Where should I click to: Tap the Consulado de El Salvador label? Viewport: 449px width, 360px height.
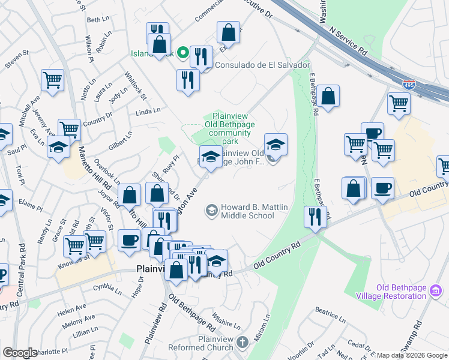262,65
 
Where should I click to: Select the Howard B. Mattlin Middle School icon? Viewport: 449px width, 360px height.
211,210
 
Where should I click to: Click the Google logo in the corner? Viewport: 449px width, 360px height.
19,353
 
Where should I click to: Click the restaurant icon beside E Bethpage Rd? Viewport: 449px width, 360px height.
315,218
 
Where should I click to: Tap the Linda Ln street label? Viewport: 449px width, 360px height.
148,111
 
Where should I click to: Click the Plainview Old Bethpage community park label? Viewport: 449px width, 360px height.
221,128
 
